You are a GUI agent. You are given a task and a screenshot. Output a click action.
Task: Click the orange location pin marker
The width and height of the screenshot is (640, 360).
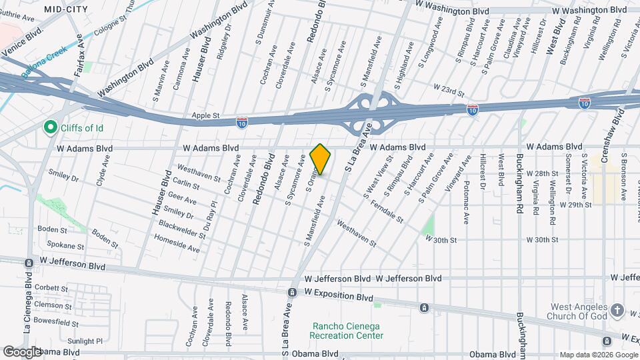321,159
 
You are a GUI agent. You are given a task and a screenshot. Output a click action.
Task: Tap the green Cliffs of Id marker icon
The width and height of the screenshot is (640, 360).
49,127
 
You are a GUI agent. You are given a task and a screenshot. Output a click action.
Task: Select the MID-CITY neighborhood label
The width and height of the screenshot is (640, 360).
66,9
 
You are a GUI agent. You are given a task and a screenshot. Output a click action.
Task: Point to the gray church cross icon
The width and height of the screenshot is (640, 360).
618,310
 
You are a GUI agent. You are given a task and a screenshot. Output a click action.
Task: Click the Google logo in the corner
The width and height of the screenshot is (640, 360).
22,351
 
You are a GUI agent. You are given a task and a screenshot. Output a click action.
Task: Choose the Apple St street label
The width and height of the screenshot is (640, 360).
205,115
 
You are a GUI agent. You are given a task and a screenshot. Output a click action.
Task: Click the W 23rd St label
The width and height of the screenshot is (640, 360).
448,87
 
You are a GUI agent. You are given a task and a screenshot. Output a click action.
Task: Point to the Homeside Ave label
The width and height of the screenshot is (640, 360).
177,243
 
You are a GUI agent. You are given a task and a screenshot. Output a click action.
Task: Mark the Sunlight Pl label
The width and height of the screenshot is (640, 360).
85,341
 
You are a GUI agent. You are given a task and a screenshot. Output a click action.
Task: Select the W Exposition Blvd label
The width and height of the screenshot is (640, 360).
337,293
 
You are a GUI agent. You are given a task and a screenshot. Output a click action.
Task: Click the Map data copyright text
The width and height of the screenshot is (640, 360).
598,354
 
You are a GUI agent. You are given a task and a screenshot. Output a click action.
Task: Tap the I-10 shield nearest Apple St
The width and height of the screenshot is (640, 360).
242,122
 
